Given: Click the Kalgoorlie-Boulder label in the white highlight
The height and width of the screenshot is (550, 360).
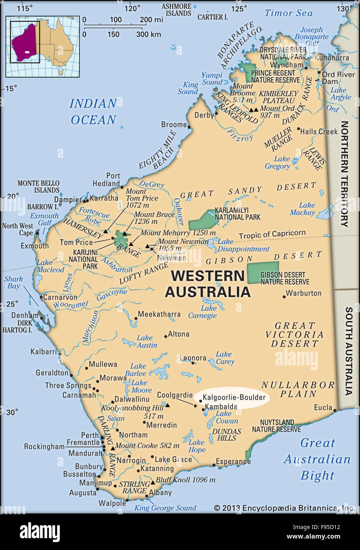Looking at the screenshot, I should click(234, 397).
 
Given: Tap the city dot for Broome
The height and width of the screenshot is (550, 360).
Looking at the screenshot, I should click(189, 127).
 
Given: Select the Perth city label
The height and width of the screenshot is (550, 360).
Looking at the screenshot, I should click(90, 435).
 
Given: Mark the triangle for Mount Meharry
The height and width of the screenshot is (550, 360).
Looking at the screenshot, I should click(131, 244).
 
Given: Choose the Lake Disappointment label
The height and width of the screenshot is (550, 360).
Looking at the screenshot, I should click(243, 245).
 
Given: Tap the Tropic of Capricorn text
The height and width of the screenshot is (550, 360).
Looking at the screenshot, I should click(272, 234).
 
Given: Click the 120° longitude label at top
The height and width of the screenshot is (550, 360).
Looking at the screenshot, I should click(132, 8).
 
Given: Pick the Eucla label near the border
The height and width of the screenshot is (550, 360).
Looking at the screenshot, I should click(323, 407).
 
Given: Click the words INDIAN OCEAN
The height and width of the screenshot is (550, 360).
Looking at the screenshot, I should click(93, 112).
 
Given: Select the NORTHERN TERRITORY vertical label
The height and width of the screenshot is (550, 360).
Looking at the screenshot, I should click(344, 174).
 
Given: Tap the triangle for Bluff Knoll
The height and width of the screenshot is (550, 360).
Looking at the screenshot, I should click(152, 483).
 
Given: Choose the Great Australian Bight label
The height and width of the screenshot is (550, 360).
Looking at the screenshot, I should click(317, 459).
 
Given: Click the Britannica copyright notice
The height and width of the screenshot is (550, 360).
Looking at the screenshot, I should click(284, 508).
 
